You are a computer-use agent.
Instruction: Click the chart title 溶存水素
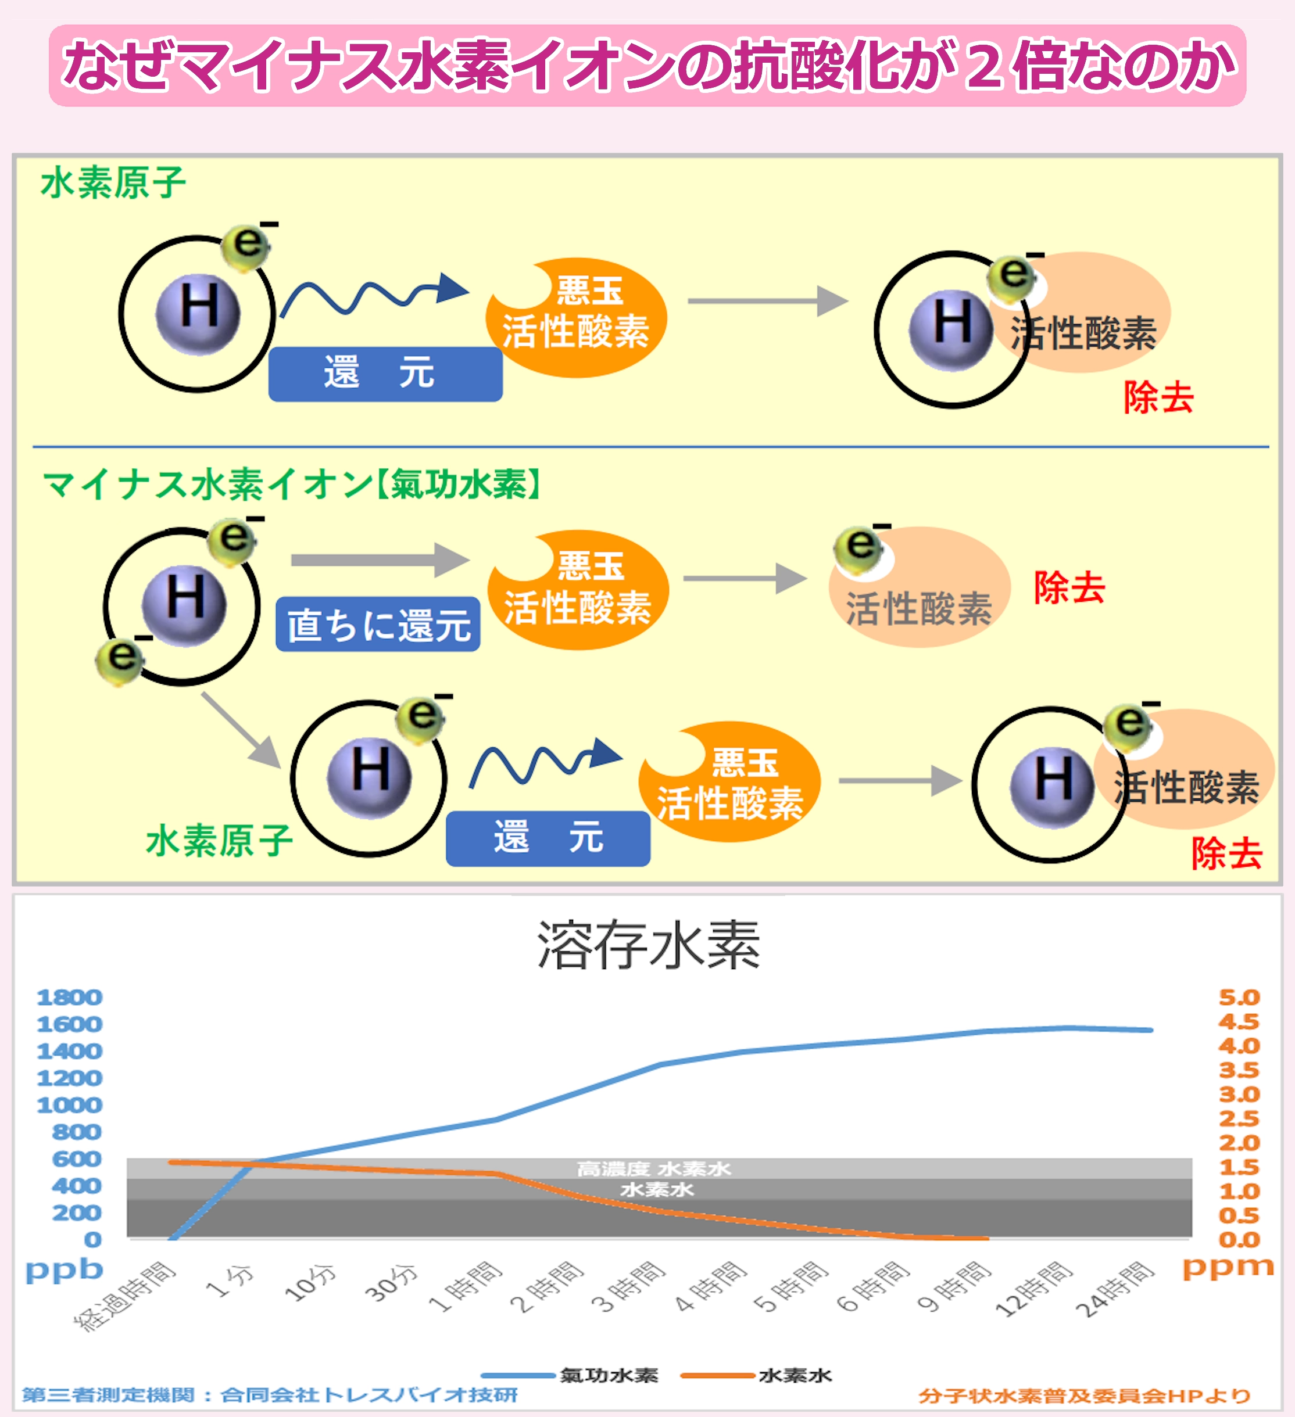tap(647, 945)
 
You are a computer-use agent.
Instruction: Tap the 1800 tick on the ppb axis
tap(70, 998)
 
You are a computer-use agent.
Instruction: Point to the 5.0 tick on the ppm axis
tap(1239, 998)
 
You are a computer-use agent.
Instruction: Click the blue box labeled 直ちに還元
tap(378, 624)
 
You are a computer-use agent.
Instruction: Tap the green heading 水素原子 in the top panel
tap(113, 184)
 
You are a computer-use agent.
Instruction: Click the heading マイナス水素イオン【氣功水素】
tap(292, 485)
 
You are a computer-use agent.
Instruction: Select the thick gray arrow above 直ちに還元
tap(380, 559)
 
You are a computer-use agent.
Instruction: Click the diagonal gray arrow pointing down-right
tap(241, 729)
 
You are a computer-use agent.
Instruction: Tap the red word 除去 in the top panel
tap(1158, 398)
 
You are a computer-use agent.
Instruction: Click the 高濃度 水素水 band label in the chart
tap(654, 1169)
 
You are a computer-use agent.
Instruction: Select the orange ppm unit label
tap(1228, 1267)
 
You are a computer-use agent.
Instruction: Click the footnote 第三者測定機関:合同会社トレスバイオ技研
tap(270, 1395)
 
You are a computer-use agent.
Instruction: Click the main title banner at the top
tap(647, 66)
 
